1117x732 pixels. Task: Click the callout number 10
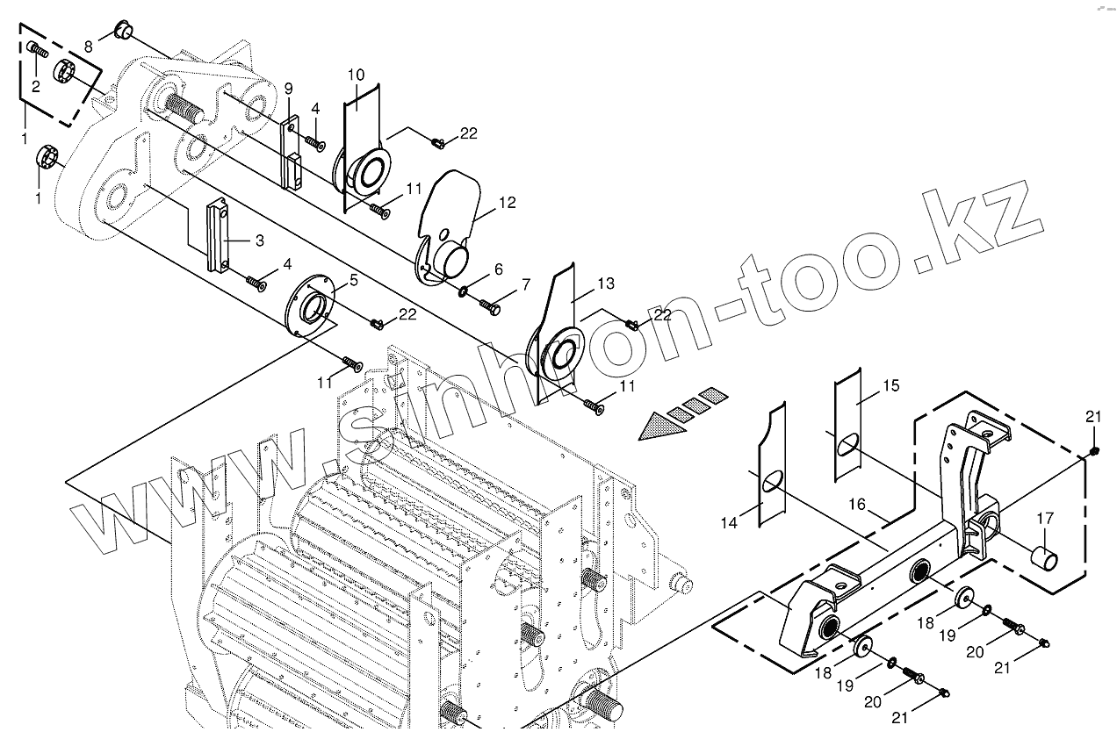click(356, 75)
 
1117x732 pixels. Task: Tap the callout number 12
click(507, 203)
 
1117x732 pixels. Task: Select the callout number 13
click(606, 283)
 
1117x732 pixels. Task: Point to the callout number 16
click(857, 504)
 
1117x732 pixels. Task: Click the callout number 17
click(1044, 519)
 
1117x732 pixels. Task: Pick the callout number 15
click(891, 385)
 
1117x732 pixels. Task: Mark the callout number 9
click(288, 89)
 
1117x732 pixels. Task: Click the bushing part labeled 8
click(123, 33)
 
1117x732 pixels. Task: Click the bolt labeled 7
click(490, 306)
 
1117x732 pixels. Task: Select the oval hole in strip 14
click(772, 482)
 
